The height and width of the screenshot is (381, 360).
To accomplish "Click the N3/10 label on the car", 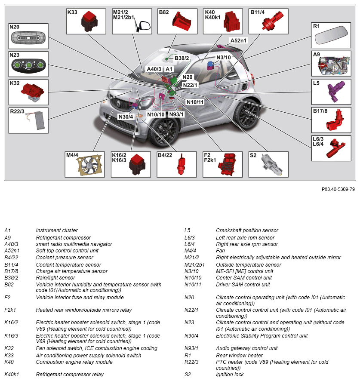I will (x=223, y=57).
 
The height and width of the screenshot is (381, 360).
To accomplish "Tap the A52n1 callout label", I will (x=239, y=40).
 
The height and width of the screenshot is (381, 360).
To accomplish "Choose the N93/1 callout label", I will (x=176, y=114).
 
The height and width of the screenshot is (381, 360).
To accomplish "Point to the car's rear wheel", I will (x=249, y=114).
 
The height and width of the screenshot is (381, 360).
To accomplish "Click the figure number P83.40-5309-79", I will (x=338, y=189).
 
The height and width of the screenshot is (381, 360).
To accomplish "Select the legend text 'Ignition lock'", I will (x=230, y=375).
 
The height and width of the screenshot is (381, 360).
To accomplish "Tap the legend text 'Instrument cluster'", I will (x=57, y=230).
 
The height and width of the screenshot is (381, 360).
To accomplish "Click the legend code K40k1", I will (x=12, y=375).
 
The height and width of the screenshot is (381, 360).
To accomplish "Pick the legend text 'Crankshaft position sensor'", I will (x=247, y=230).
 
